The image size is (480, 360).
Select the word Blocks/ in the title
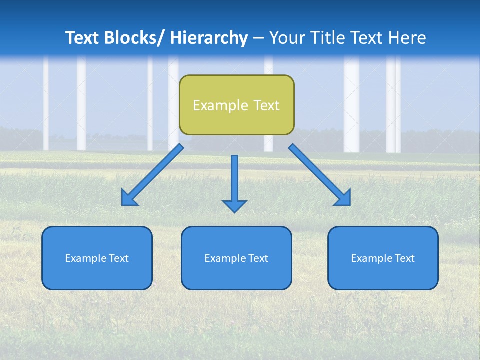135,38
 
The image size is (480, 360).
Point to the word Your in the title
286,38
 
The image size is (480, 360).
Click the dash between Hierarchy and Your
258,39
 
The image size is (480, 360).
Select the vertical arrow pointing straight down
234,180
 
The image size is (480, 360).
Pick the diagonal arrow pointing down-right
320,175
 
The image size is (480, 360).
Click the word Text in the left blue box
119,258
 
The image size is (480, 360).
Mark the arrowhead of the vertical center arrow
234,206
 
